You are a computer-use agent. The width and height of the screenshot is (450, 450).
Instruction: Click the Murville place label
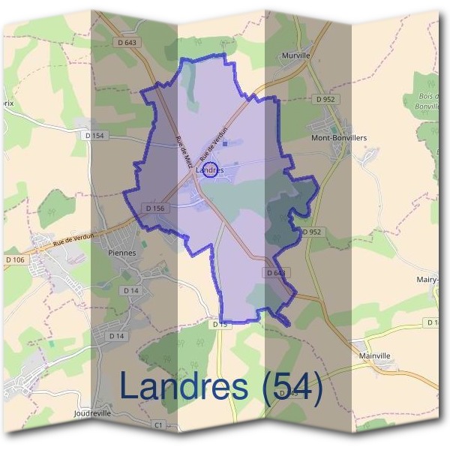295,56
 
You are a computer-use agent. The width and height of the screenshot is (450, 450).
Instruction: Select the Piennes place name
122,253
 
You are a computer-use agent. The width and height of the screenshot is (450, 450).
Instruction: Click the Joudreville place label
93,413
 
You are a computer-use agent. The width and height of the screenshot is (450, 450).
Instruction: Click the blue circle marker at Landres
211,170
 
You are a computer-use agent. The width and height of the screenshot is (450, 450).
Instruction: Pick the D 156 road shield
154,208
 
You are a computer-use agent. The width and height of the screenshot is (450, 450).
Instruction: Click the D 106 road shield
15,259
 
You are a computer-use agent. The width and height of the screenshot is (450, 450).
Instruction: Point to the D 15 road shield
220,324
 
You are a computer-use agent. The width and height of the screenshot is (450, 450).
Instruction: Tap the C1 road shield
157,424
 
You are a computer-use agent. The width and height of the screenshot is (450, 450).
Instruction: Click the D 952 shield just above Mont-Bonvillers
325,98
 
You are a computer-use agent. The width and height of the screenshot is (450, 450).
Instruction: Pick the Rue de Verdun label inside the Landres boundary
214,142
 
